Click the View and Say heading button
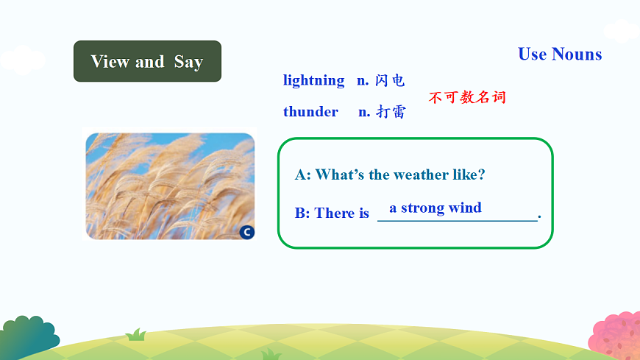pyautogui.click(x=147, y=61)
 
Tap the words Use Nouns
pyautogui.click(x=560, y=54)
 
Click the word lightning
pyautogui.click(x=313, y=80)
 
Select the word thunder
pyautogui.click(x=310, y=112)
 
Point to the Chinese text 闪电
pyautogui.click(x=390, y=80)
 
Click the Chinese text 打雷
pyautogui.click(x=391, y=112)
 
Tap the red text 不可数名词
pyautogui.click(x=467, y=97)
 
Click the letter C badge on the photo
pyautogui.click(x=246, y=232)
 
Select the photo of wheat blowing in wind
pyautogui.click(x=170, y=186)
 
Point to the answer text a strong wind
pyautogui.click(x=435, y=208)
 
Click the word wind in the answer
pyautogui.click(x=465, y=208)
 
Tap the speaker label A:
pyautogui.click(x=303, y=174)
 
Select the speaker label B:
pyautogui.click(x=302, y=213)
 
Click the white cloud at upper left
pyautogui.click(x=22, y=60)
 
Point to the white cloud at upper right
pyautogui.click(x=622, y=30)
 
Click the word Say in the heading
pyautogui.click(x=188, y=62)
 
